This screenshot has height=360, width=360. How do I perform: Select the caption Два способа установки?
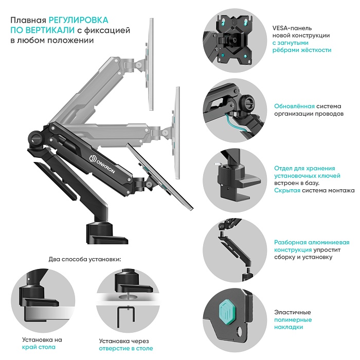pyautogui.click(x=85, y=259)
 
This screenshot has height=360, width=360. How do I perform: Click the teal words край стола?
pyautogui.click(x=39, y=347)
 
